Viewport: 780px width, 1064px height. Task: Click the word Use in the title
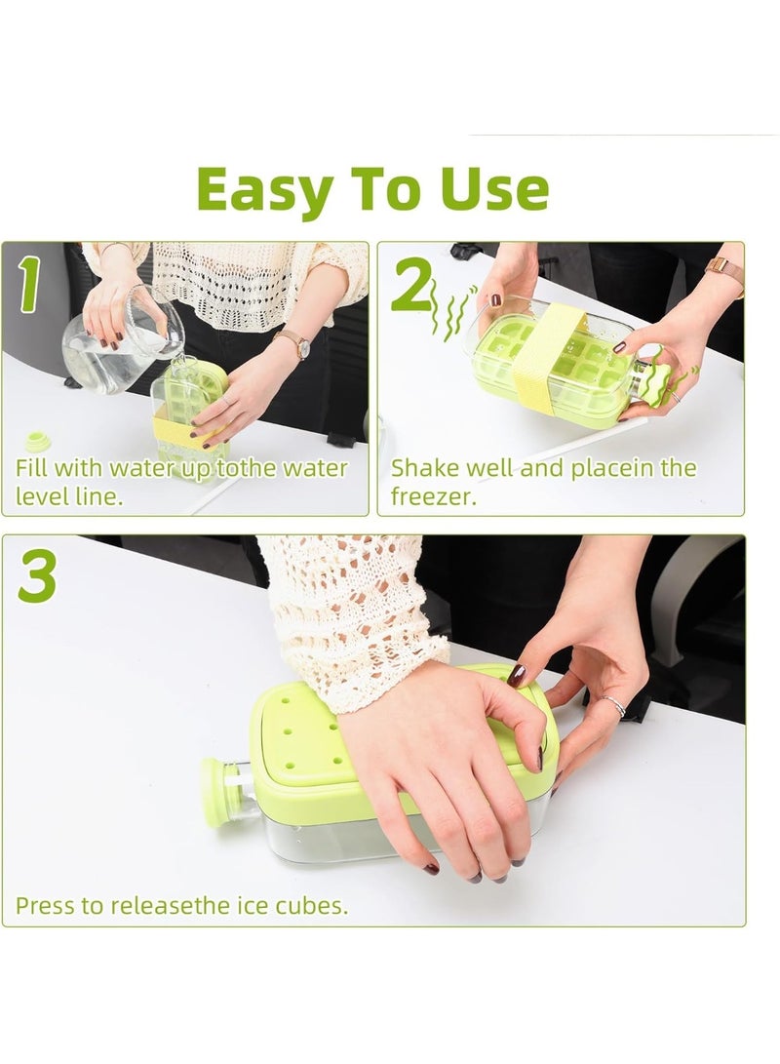click(490, 189)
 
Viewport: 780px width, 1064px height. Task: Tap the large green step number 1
click(29, 286)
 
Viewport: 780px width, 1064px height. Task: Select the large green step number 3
click(38, 577)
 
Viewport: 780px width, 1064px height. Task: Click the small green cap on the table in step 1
click(38, 441)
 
